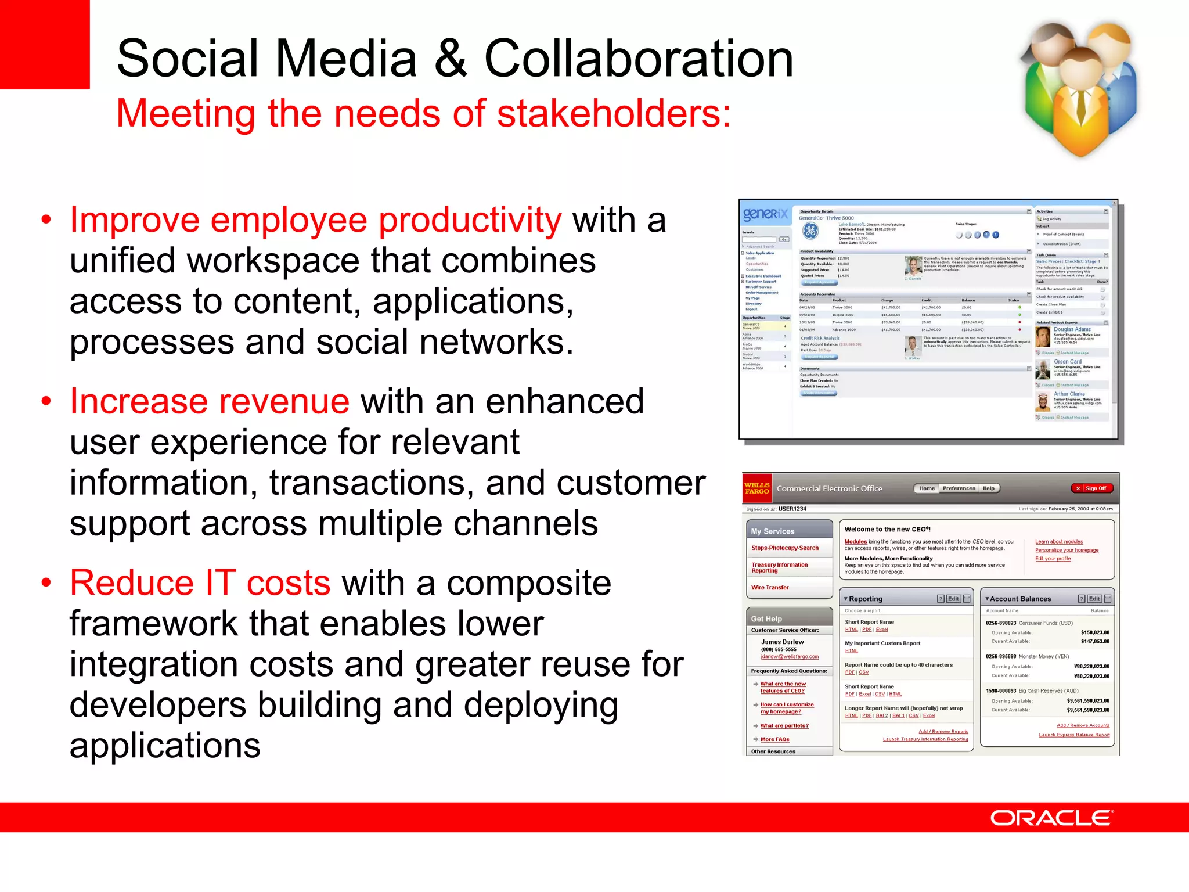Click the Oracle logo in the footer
(1051, 818)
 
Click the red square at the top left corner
(44, 44)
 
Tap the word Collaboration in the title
(639, 58)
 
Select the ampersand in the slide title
(451, 58)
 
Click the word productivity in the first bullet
(470, 220)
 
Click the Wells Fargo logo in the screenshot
(756, 488)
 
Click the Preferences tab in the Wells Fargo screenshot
(959, 488)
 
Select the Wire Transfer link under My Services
(770, 588)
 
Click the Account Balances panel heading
(1020, 599)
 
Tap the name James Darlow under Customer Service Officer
(782, 642)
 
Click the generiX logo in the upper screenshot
(765, 214)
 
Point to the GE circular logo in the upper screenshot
(810, 231)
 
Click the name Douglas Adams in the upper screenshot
(1072, 329)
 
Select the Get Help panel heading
(766, 618)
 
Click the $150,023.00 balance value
(1095, 632)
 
